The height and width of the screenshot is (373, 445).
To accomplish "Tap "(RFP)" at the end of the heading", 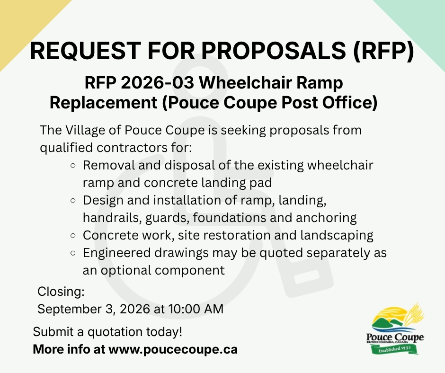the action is point(384,51).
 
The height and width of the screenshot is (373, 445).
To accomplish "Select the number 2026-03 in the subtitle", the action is point(158,83).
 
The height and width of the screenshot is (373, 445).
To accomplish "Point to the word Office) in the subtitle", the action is point(350,102).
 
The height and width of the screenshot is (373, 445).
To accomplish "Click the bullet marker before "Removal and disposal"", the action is point(73,166).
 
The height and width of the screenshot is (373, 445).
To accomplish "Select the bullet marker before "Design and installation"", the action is point(73,201).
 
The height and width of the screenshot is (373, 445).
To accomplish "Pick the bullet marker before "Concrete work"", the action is point(73,236).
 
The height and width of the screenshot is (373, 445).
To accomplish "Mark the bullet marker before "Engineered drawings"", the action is point(73,253).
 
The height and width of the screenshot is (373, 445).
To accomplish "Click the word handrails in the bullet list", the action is point(112,218).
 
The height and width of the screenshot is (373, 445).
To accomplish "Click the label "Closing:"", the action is point(61,292).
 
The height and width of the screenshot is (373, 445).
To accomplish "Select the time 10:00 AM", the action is point(196,309).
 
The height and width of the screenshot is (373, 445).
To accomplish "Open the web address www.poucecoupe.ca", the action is point(173,349).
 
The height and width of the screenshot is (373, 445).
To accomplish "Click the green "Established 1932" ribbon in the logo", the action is point(395,349).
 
